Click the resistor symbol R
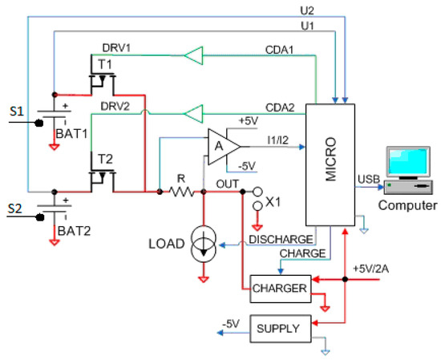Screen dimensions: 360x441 [x=181, y=192]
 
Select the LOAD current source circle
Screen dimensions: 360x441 [x=203, y=245]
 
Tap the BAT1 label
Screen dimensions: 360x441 [x=73, y=135]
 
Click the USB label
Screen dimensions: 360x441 [x=366, y=178]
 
